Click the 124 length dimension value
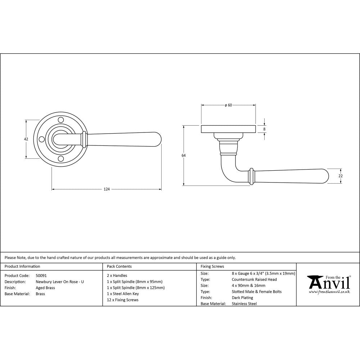click(x=107, y=189)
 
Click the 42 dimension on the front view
click(x=26, y=139)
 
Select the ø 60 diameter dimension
click(x=228, y=105)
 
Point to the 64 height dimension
click(x=184, y=156)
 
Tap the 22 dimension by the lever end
click(x=341, y=176)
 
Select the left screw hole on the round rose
click(x=41, y=139)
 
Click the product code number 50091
click(x=41, y=275)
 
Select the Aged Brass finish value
click(x=45, y=288)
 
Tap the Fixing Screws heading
click(x=212, y=266)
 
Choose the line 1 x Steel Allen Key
click(x=123, y=294)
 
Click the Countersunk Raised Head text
click(x=254, y=279)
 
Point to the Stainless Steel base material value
click(x=244, y=304)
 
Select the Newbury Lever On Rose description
click(x=60, y=282)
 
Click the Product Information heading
click(x=22, y=266)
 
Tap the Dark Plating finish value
click(x=242, y=298)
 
